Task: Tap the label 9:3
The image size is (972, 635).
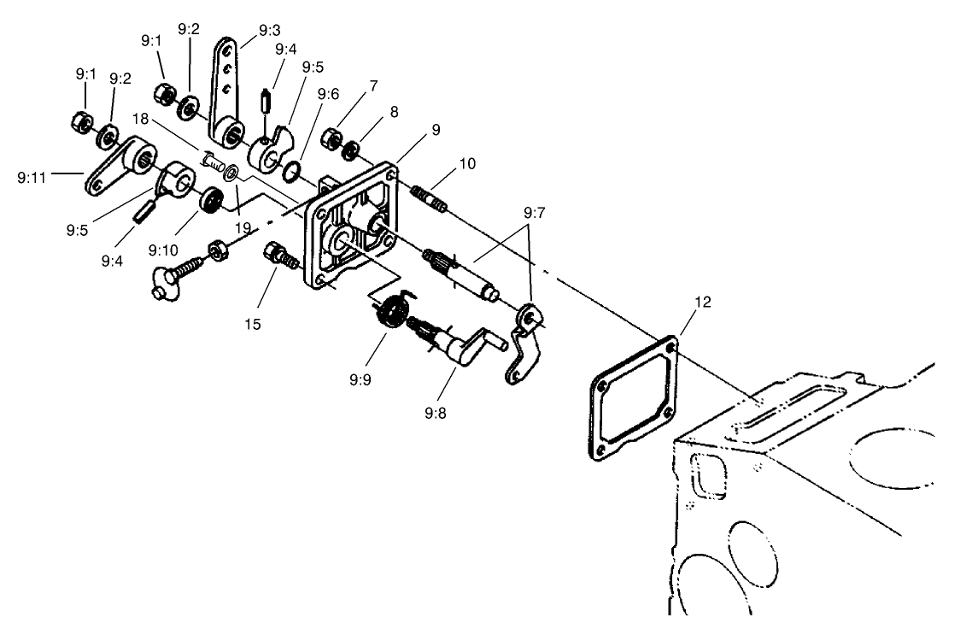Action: pos(269,32)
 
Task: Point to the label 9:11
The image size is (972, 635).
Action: pos(32,177)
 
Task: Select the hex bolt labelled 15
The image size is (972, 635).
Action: pos(279,253)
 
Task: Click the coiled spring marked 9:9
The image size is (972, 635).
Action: pos(390,309)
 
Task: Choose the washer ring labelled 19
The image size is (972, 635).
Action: pos(231,174)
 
